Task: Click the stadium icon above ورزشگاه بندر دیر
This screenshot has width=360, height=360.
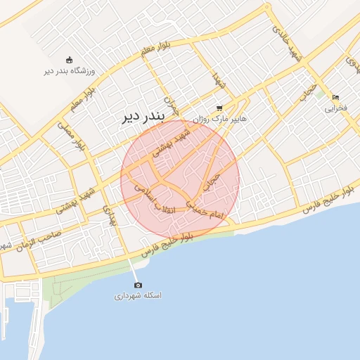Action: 68,60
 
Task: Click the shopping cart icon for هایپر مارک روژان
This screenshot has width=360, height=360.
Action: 219,108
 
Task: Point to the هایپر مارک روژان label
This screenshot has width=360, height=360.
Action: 220,119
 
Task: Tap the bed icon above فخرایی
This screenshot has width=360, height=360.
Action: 336,98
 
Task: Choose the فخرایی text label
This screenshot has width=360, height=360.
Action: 336,108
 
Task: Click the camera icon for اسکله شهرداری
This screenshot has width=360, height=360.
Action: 138,285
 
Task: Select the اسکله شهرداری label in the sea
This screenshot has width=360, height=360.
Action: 138,296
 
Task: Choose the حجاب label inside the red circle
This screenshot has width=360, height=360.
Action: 212,183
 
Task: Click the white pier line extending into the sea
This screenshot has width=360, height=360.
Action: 132,268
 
